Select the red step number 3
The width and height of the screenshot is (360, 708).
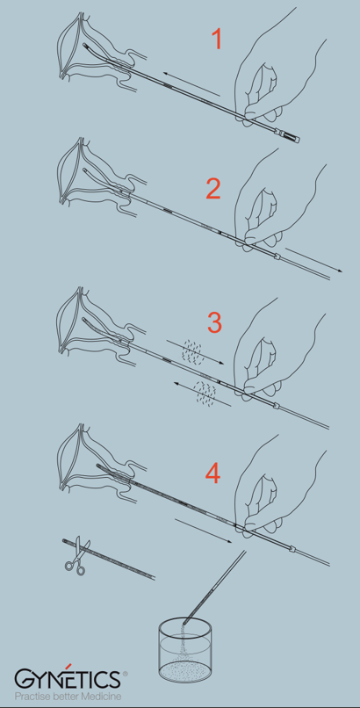[214, 322]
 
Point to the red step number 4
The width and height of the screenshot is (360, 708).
[213, 473]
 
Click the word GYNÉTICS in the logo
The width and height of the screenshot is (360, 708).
[68, 679]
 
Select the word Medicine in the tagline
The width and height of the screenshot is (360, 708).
[104, 696]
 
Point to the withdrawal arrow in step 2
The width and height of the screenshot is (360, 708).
[313, 260]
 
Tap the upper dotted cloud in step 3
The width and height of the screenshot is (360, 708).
[192, 350]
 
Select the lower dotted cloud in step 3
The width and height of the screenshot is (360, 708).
[205, 392]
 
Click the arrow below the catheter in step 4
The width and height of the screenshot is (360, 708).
[203, 531]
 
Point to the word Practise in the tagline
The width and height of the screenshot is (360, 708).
[30, 696]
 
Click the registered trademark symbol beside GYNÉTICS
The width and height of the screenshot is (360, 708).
[125, 673]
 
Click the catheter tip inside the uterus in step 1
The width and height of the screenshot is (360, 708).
[85, 45]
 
